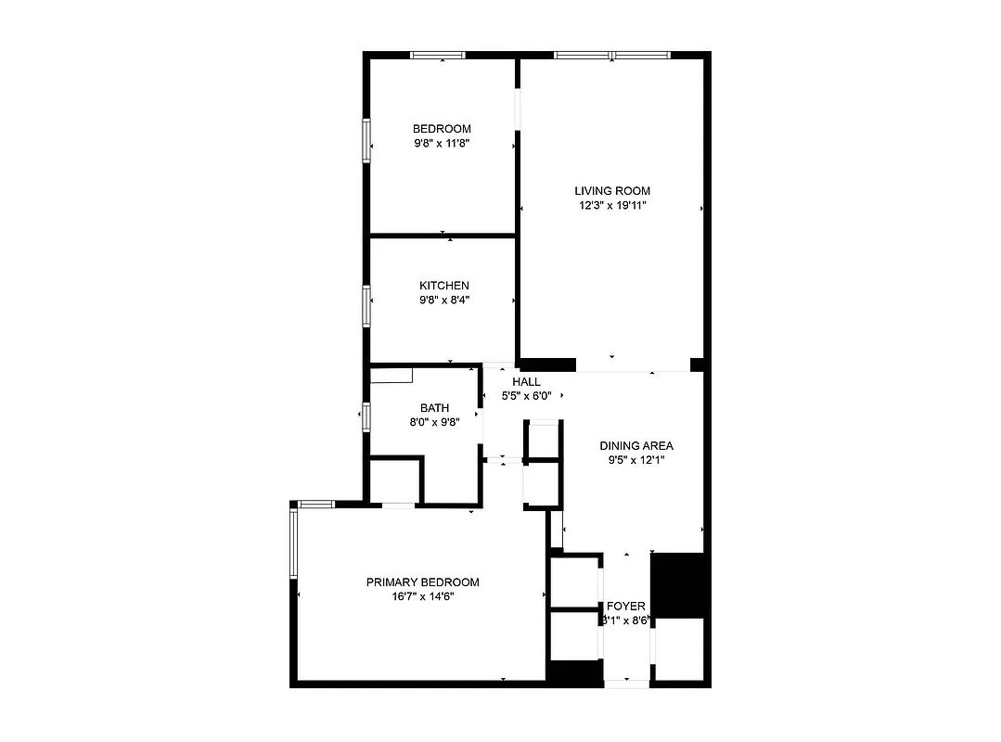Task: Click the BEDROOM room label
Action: point(442,129)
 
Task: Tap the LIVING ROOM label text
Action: point(611,191)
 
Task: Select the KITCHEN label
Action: point(443,286)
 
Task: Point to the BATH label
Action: point(434,407)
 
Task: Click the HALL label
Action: point(526,381)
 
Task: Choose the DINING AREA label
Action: point(635,445)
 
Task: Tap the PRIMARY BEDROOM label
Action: point(422,582)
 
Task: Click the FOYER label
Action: point(626,607)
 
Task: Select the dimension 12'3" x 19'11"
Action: point(611,205)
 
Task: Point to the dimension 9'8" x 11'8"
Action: point(442,144)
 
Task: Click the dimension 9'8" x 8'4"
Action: point(443,300)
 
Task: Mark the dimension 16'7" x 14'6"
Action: point(422,597)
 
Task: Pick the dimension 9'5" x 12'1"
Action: point(635,459)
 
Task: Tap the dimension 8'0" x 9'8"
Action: point(434,421)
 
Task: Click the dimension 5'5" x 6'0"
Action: point(526,395)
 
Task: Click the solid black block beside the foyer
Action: point(678,584)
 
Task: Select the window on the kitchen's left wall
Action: point(366,306)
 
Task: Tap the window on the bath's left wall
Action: point(366,417)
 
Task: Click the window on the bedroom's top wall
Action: point(439,56)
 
